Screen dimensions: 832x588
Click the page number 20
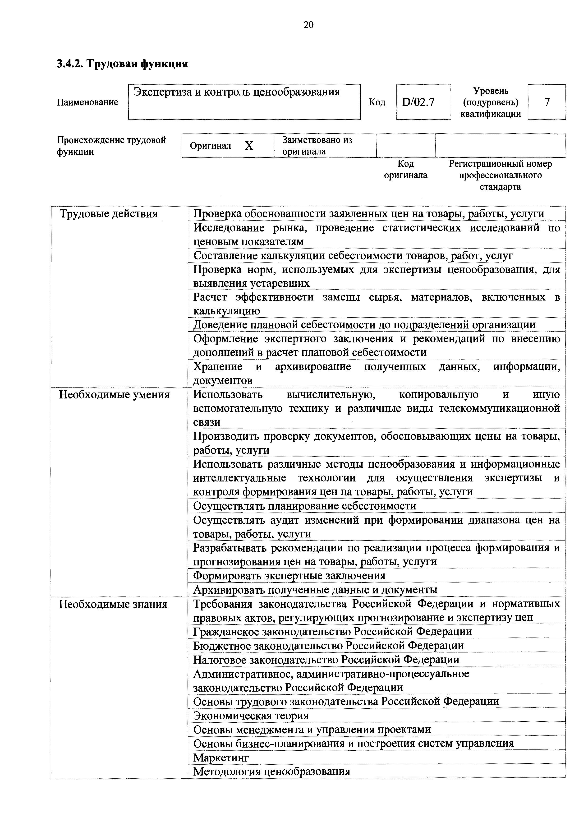[x=308, y=25]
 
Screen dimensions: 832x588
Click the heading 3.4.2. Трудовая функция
[x=122, y=64]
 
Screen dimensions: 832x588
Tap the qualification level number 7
[x=547, y=102]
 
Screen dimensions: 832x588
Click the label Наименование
[x=87, y=102]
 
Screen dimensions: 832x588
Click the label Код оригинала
[x=405, y=170]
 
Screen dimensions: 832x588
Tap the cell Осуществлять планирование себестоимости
[x=304, y=506]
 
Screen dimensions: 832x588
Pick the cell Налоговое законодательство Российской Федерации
[x=326, y=660]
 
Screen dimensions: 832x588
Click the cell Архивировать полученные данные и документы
[x=315, y=590]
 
